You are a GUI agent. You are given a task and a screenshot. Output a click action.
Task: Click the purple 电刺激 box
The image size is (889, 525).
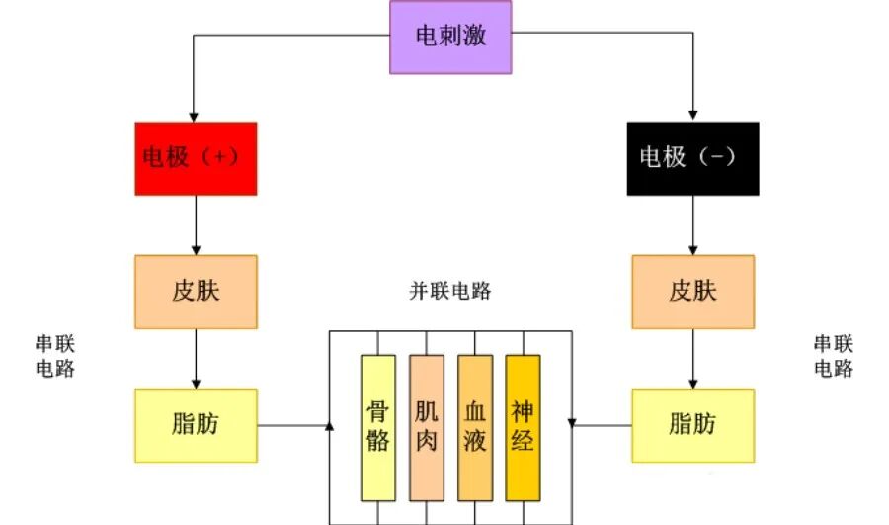450,37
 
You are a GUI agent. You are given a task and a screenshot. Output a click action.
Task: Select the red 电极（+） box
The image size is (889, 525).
196,157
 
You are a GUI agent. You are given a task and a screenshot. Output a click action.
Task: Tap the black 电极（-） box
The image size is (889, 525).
692,157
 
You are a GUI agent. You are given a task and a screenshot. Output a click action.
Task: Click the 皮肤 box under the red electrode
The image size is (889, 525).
196,292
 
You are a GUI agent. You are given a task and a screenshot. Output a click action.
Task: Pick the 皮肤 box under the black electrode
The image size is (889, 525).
692,292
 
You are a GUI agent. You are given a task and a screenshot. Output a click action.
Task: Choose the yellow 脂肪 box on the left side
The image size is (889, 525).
196,425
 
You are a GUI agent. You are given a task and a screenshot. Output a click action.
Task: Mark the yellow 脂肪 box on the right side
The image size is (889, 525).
692,425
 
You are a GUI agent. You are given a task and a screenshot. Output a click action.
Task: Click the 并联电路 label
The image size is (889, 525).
450,292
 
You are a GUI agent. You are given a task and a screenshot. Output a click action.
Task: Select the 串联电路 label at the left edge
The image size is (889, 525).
55,356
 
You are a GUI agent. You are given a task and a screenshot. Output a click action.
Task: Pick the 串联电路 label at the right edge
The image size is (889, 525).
834,356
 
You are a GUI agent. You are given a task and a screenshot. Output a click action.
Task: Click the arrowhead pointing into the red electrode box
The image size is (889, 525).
195,115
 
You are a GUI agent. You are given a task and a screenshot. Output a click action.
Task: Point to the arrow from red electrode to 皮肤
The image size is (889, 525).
196,224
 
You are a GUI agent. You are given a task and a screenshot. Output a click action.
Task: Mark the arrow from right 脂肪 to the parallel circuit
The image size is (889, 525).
603,426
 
